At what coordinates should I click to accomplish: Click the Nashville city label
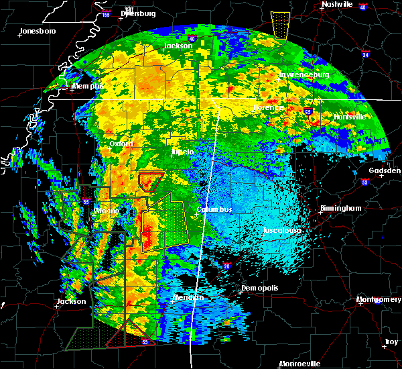(x=337, y=4)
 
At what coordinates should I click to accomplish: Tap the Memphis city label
(x=88, y=86)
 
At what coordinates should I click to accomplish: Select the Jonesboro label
(x=38, y=31)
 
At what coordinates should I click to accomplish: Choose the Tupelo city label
(x=183, y=152)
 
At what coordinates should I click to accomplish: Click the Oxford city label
(x=122, y=144)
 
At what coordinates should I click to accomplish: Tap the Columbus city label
(x=214, y=209)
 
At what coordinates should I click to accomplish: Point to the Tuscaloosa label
(x=281, y=231)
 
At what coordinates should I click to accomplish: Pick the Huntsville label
(x=350, y=117)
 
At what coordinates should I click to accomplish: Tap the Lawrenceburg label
(x=304, y=75)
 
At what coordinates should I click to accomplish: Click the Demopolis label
(x=259, y=288)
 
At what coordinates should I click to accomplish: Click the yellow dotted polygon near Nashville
(x=281, y=25)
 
